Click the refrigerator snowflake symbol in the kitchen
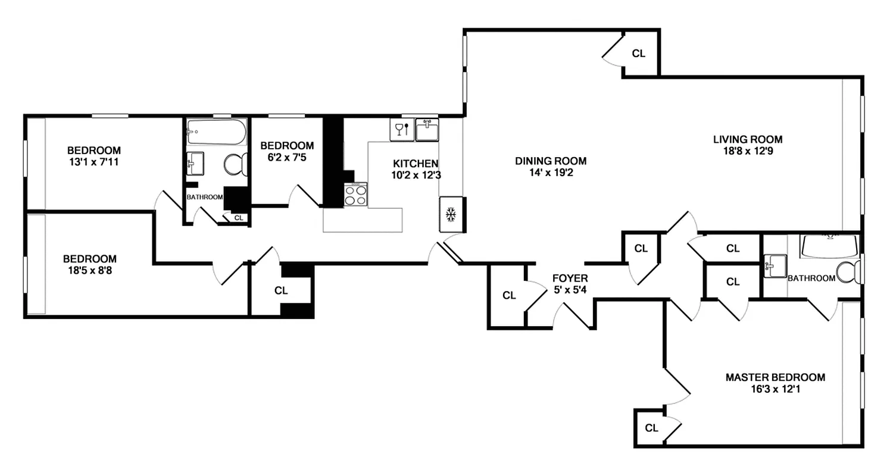pos(451,214)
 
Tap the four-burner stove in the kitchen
pos(355,195)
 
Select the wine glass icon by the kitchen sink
pos(401,129)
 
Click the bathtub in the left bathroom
pos(216,132)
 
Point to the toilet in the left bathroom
pos(236,164)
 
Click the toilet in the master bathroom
pos(848,272)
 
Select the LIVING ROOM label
pos(748,139)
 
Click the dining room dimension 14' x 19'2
pos(551,173)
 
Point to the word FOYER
pos(570,278)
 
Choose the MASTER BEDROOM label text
pos(775,377)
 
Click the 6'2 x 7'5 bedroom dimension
pos(287,158)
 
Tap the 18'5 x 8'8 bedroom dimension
pos(90,271)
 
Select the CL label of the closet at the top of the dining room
pos(638,54)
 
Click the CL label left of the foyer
pos(508,296)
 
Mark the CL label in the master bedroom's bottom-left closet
pos(651,428)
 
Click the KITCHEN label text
pos(416,164)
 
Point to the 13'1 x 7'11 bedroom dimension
pos(93,162)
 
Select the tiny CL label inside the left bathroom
pos(239,218)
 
